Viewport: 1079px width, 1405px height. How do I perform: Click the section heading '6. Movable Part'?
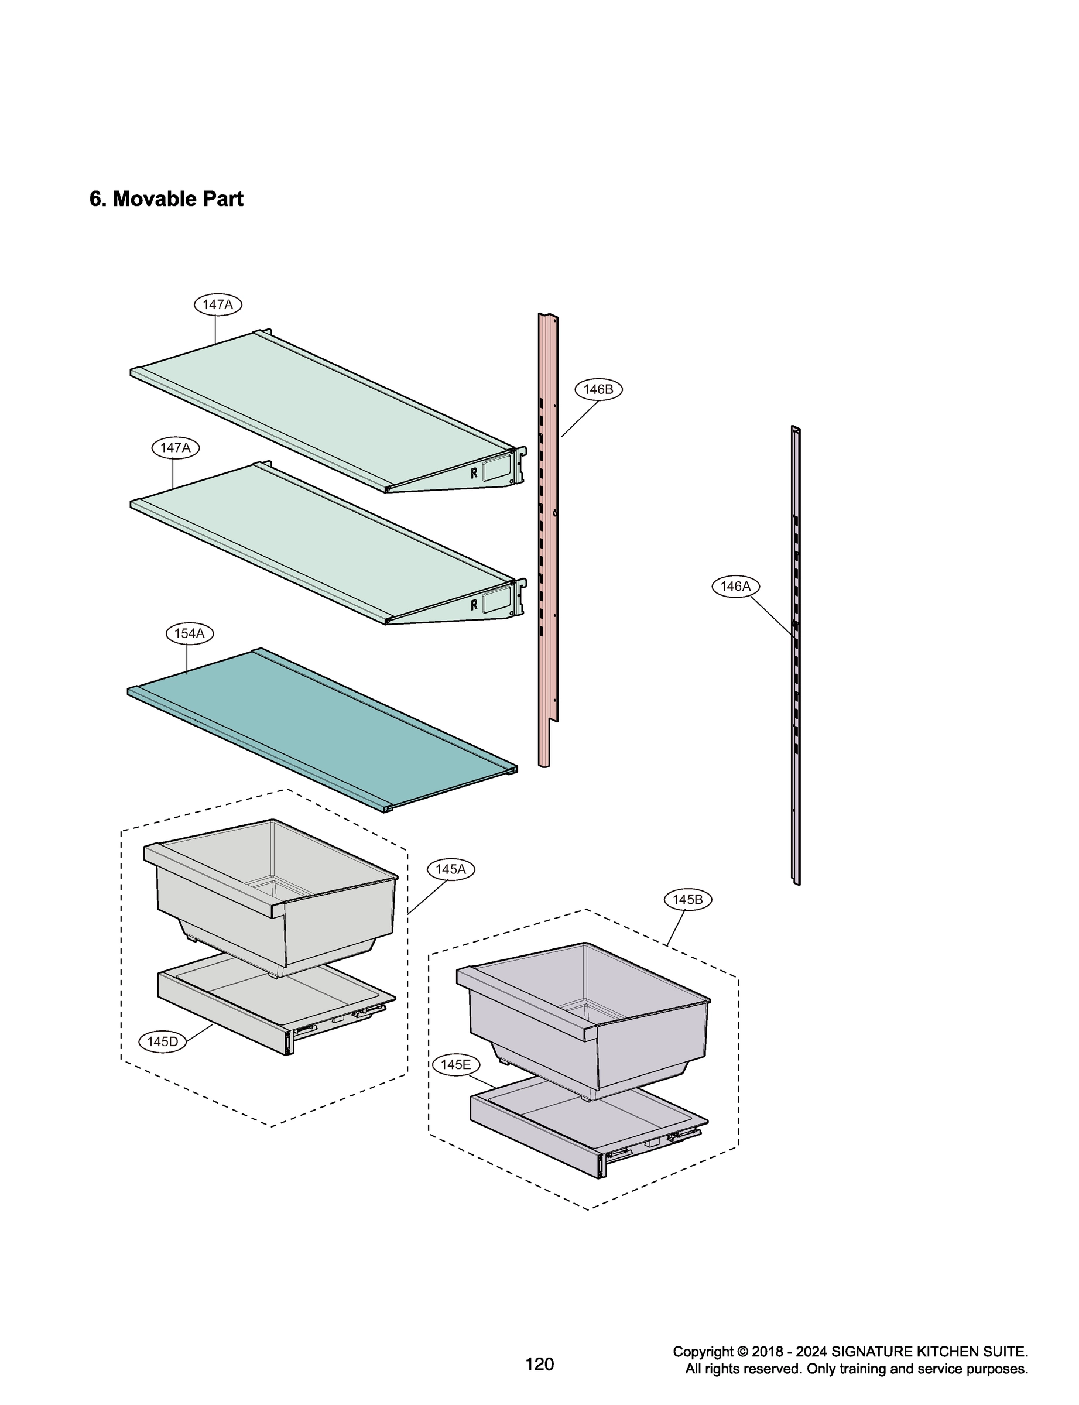pos(166,199)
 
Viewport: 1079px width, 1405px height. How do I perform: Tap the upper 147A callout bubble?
pos(218,304)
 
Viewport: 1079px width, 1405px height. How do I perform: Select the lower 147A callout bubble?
pos(175,448)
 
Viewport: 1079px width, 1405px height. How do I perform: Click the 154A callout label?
pos(190,634)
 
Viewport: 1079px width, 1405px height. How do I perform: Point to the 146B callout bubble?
pos(598,389)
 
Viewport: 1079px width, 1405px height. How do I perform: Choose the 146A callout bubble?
pos(735,586)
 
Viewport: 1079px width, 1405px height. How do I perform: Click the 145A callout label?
pos(450,869)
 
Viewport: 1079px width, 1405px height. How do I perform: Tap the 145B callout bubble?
pos(687,900)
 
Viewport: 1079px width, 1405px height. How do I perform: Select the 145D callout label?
pos(163,1041)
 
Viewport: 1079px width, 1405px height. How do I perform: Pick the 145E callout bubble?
pos(455,1065)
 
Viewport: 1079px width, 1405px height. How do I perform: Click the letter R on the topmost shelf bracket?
pos(474,472)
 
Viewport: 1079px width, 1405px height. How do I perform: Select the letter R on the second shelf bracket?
pos(474,604)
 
